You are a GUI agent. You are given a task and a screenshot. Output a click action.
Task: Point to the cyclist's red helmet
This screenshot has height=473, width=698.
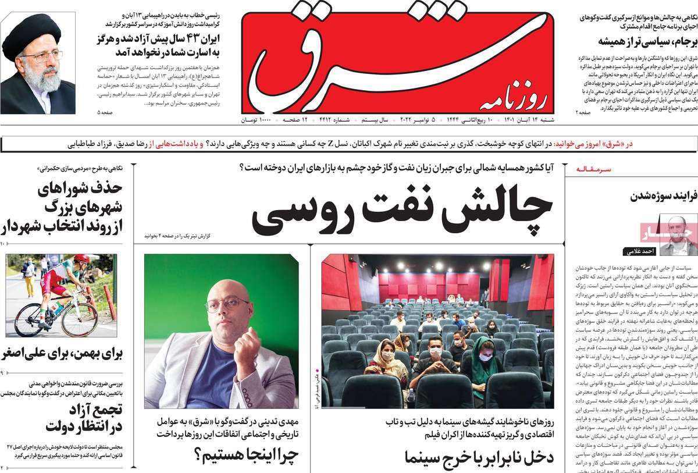[81, 259]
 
